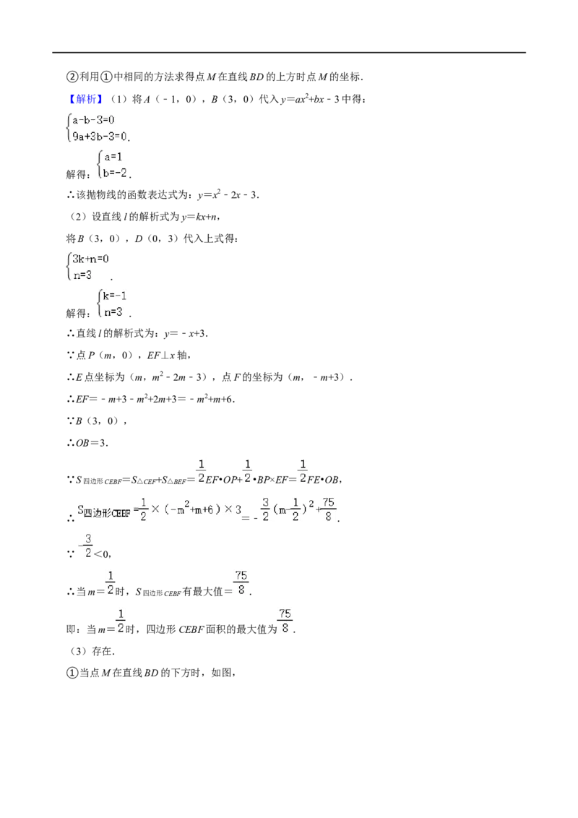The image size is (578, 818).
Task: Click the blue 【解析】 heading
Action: pyautogui.click(x=85, y=99)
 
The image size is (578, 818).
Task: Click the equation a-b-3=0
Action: pyautogui.click(x=93, y=120)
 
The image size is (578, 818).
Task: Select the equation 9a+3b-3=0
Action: pyautogui.click(x=100, y=137)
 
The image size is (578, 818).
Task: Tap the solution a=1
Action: pyautogui.click(x=113, y=157)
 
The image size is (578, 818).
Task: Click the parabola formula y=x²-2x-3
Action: pyautogui.click(x=228, y=195)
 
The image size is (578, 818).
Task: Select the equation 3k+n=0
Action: pyautogui.click(x=90, y=259)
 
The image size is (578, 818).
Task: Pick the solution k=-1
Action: pyautogui.click(x=115, y=296)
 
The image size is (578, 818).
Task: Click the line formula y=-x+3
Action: pyautogui.click(x=185, y=334)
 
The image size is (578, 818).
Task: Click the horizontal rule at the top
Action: pyautogui.click(x=289, y=53)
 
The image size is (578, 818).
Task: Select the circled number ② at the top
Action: pyautogui.click(x=72, y=77)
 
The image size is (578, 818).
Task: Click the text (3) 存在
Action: pyautogui.click(x=90, y=651)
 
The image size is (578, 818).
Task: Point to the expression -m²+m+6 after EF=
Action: pyautogui.click(x=215, y=399)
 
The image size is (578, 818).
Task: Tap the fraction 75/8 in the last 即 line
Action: pyautogui.click(x=285, y=621)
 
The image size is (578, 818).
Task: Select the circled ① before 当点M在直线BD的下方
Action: pyautogui.click(x=72, y=673)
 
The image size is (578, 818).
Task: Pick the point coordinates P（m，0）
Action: pyautogui.click(x=110, y=356)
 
